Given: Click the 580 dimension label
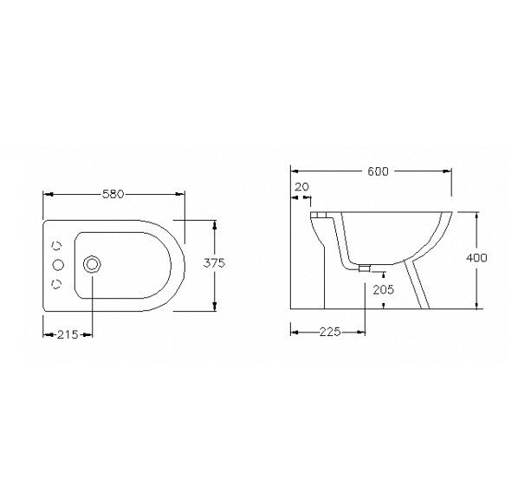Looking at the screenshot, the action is (113, 194).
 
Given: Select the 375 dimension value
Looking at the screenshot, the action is (214, 263).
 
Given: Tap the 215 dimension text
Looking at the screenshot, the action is (68, 334).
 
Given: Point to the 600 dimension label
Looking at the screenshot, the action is (379, 171).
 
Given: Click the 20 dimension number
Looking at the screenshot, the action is (301, 187).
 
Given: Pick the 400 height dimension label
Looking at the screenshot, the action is (476, 258).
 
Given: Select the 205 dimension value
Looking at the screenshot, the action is (384, 290).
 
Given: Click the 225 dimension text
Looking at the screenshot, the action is (330, 332).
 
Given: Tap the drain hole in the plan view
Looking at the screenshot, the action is (92, 264).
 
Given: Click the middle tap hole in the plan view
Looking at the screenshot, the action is (58, 264).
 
